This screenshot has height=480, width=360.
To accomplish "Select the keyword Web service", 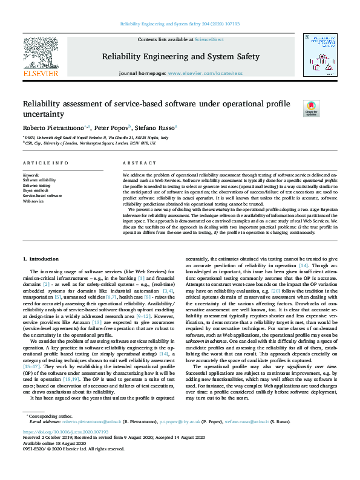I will pyautogui.click(x=34, y=201).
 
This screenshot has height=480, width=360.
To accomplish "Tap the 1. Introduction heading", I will pyautogui.click(x=41, y=258).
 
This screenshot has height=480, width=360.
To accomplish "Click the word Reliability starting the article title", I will pyautogui.click(x=41, y=103).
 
